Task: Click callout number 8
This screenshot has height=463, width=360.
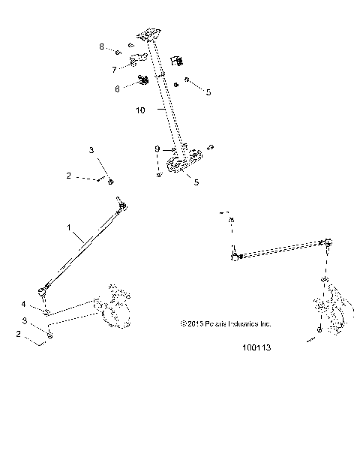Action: pos(102,47)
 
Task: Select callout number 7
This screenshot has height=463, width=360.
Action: pos(115,69)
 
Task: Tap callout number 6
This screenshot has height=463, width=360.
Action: pos(117,88)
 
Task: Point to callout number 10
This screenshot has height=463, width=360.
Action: pos(140,110)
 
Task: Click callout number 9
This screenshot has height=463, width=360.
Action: pos(157,149)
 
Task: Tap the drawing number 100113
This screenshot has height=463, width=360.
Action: pos(256,348)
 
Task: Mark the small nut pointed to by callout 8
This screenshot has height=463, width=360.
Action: pos(119,52)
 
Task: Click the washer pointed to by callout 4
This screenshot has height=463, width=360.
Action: pos(46,311)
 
